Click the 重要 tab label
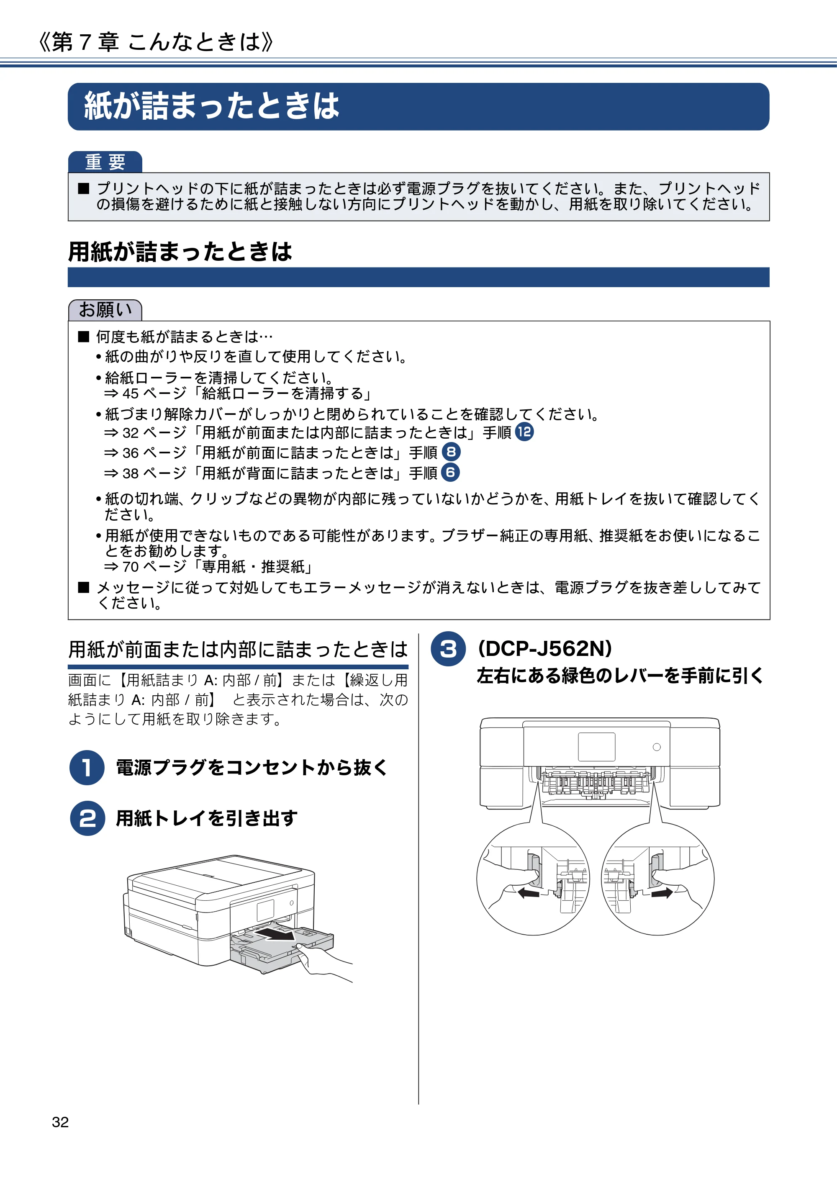pyautogui.click(x=105, y=162)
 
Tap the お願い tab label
pyautogui.click(x=105, y=310)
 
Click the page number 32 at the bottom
pyautogui.click(x=60, y=1122)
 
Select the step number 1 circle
pyautogui.click(x=87, y=767)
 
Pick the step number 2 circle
pyautogui.click(x=87, y=818)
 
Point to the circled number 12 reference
pyautogui.click(x=524, y=432)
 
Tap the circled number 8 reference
pyautogui.click(x=451, y=452)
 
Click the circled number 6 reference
pyautogui.click(x=450, y=472)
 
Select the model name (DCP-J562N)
pyautogui.click(x=545, y=649)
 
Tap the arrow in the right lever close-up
pyautogui.click(x=662, y=892)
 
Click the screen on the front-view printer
pyautogui.click(x=596, y=747)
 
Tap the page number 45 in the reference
pyautogui.click(x=131, y=394)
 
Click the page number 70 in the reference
pyautogui.click(x=131, y=567)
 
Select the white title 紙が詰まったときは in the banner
pyautogui.click(x=212, y=106)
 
